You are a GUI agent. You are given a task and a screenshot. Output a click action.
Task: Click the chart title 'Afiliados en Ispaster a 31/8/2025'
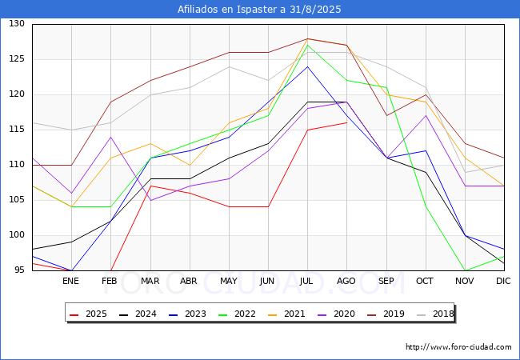[x=260, y=10]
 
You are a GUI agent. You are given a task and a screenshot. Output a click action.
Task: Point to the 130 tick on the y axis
[x=17, y=24]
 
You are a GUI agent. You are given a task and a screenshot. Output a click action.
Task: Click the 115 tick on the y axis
[x=17, y=130]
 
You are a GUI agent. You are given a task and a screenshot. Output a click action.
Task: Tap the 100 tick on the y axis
[x=17, y=235]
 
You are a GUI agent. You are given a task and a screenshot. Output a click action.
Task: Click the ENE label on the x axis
[x=71, y=281]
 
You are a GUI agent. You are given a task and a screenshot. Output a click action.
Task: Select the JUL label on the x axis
[x=307, y=281]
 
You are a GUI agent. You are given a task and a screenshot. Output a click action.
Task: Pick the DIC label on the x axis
[x=503, y=281]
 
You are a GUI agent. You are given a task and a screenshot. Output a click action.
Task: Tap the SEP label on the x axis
[x=386, y=281]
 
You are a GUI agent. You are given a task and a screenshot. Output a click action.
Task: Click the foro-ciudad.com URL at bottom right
[x=458, y=347]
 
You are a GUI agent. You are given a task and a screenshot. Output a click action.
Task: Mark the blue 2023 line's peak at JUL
[x=307, y=66]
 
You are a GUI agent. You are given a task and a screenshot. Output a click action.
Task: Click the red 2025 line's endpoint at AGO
[x=346, y=122]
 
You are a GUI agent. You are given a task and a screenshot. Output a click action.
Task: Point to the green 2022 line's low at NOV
[x=464, y=270]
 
